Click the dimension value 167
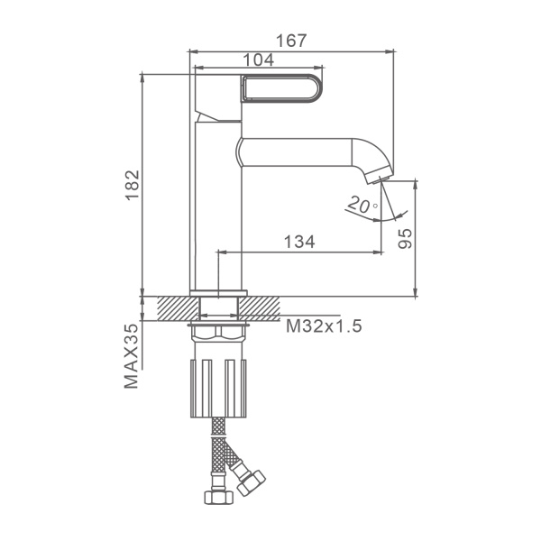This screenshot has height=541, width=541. point(291,41)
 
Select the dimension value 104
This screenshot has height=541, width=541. point(259,60)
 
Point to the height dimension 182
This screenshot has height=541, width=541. point(133,185)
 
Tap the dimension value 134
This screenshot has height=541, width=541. point(299,242)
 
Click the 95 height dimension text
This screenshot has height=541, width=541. point(405,238)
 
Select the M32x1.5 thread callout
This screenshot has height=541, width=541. point(324,326)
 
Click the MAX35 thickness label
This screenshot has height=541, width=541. point(131,356)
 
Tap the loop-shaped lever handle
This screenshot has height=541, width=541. point(282,88)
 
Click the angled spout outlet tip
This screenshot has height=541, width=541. point(379,178)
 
